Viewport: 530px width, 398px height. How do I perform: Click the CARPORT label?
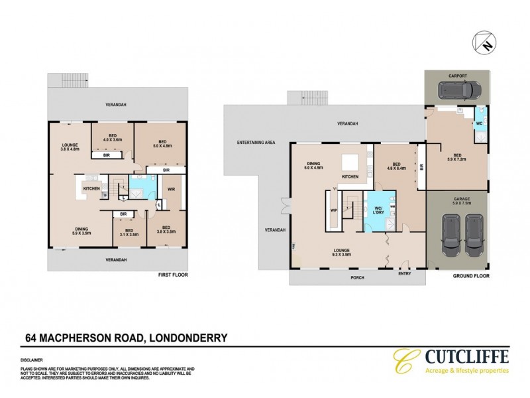pyautogui.click(x=458, y=76)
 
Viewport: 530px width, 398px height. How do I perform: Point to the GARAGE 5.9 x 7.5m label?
pyautogui.click(x=458, y=201)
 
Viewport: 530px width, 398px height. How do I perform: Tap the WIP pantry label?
pyautogui.click(x=334, y=212)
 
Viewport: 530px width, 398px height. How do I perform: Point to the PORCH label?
pyautogui.click(x=356, y=279)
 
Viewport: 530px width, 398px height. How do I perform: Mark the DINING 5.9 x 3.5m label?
pyautogui.click(x=81, y=232)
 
